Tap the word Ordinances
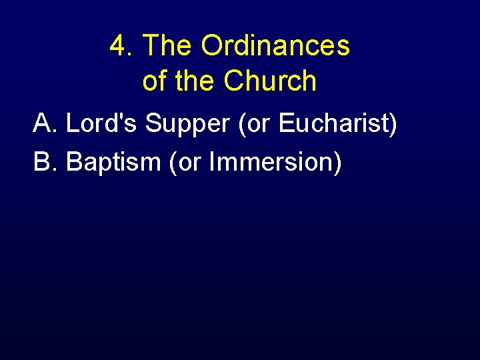pos(275,46)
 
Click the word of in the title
pos(154,81)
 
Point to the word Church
pos(270,81)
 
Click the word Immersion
pos(270,161)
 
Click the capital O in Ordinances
pos(212,46)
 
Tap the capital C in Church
pos(235,81)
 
